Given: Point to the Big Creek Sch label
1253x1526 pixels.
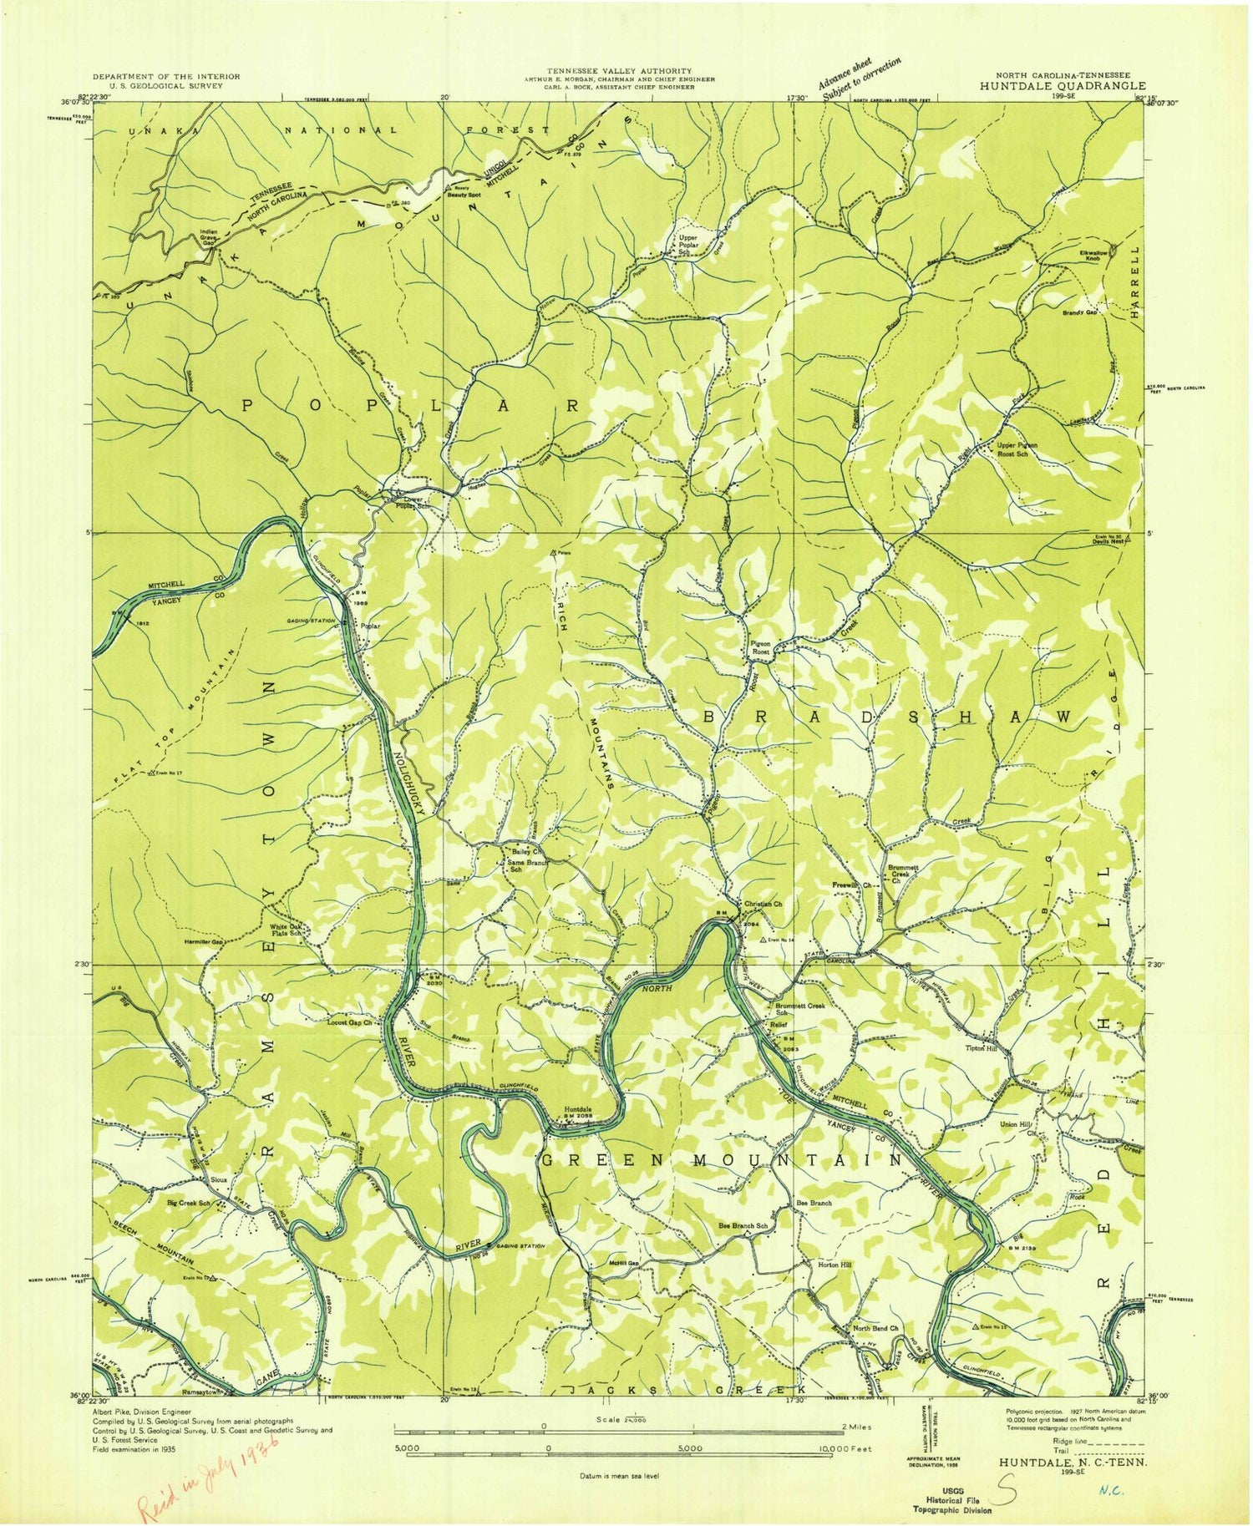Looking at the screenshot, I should (188, 1204).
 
